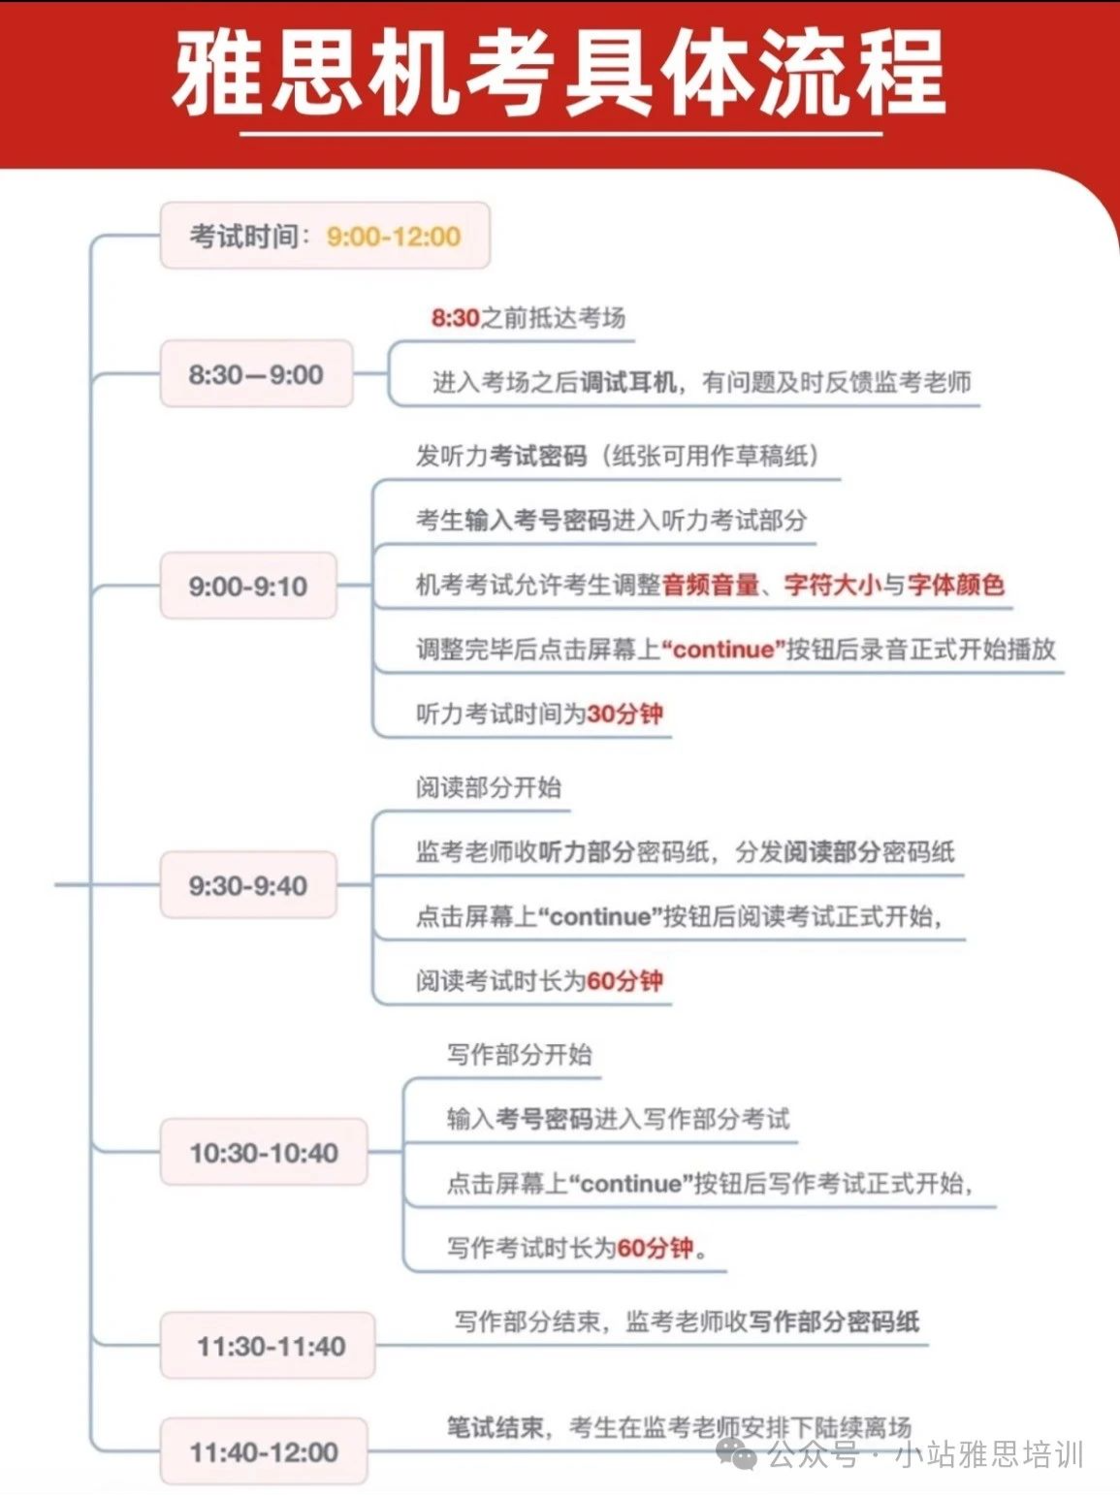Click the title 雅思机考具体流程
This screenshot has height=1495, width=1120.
point(559,73)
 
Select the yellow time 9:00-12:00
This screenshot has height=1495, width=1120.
point(394,237)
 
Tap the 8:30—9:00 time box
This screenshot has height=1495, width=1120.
point(256,374)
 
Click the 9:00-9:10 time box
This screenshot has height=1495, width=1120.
point(248,586)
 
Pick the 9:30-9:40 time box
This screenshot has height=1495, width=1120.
point(248,885)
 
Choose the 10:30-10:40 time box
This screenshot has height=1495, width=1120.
point(264,1153)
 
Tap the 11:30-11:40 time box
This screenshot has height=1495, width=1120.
point(268,1345)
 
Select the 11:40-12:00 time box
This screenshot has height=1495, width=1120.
point(264,1451)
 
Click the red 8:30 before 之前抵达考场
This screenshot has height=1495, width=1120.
point(456,317)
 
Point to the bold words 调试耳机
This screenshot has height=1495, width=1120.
point(628,382)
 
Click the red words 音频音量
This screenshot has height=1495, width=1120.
point(711,585)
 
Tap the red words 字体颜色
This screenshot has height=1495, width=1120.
point(956,585)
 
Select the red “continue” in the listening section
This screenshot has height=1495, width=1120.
point(723,649)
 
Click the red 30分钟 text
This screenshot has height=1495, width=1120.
point(624,714)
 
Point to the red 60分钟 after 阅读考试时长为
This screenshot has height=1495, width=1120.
point(624,981)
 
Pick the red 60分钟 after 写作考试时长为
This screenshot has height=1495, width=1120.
point(656,1248)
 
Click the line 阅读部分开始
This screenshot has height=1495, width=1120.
point(489,787)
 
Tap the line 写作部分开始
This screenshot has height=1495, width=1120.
point(520,1054)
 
